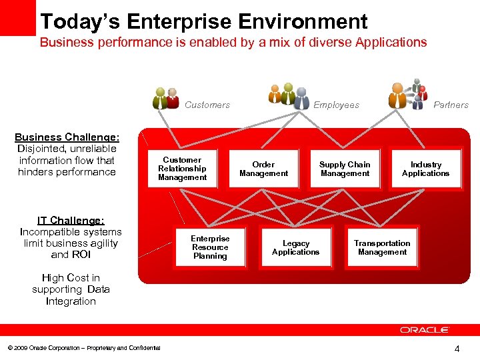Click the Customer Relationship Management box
pyautogui.click(x=182, y=169)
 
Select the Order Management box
pyautogui.click(x=263, y=169)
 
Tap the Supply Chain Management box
pyautogui.click(x=345, y=169)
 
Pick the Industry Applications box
pyautogui.click(x=425, y=169)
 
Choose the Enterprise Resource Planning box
pyautogui.click(x=210, y=247)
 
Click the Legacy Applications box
pyautogui.click(x=295, y=247)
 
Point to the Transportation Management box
pyautogui.click(x=382, y=247)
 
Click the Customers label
pyautogui.click(x=207, y=105)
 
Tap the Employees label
pyautogui.click(x=336, y=105)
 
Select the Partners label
pyautogui.click(x=451, y=105)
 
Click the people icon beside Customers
pyautogui.click(x=165, y=98)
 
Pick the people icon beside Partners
pyautogui.click(x=407, y=96)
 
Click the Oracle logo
pyautogui.click(x=425, y=330)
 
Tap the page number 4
pyautogui.click(x=457, y=348)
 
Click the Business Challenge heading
pyautogui.click(x=67, y=137)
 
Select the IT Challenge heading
pyautogui.click(x=71, y=220)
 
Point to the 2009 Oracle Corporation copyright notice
pyautogui.click(x=83, y=348)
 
